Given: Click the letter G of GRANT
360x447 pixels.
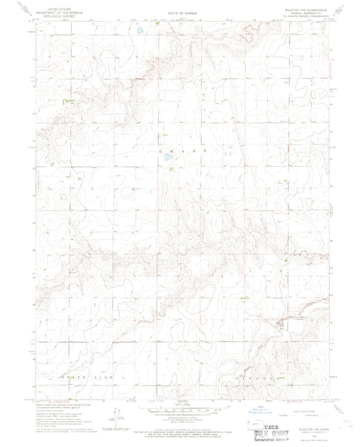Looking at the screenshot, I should (161, 153).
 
